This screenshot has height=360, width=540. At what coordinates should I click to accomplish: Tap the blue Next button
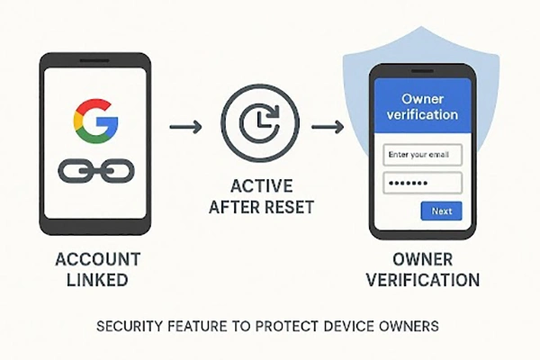[442, 211]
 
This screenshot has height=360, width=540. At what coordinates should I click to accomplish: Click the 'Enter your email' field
[423, 155]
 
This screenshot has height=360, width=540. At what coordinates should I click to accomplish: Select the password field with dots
[423, 184]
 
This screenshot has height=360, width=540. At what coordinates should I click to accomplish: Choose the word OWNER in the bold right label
[421, 259]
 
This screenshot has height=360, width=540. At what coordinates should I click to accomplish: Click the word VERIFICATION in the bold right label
[421, 280]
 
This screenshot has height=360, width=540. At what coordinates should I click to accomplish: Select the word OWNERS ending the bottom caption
[409, 325]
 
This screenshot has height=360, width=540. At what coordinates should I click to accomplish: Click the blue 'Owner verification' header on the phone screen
[422, 106]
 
